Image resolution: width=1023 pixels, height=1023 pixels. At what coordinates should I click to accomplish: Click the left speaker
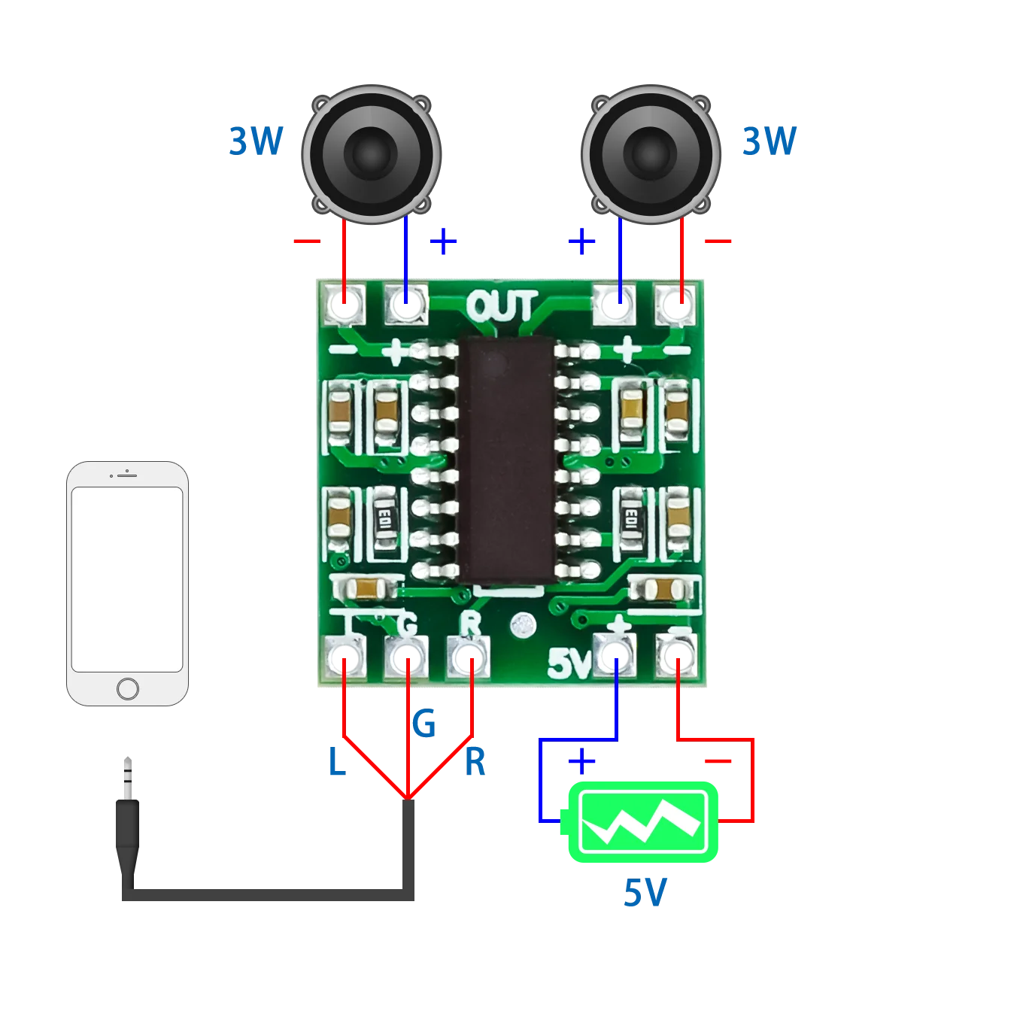point(371,154)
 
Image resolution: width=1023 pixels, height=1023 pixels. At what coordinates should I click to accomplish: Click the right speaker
point(651,154)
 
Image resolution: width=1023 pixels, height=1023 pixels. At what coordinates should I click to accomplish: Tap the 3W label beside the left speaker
point(256,141)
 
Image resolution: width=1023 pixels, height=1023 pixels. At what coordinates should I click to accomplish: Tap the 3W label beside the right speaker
point(769,141)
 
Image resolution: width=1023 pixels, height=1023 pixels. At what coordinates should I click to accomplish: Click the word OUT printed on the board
point(502,307)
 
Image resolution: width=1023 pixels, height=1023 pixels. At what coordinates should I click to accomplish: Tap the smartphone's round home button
point(128,688)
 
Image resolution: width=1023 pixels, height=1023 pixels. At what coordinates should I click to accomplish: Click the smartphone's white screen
point(127,579)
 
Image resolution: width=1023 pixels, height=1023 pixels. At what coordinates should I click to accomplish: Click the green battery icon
point(643,822)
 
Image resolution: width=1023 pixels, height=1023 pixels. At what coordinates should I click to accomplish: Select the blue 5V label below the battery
point(644,893)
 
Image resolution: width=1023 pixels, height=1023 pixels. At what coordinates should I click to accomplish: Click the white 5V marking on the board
point(568,663)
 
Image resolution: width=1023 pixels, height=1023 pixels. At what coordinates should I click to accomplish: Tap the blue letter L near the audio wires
point(335,761)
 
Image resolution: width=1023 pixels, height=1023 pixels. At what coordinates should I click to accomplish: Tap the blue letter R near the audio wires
point(475,761)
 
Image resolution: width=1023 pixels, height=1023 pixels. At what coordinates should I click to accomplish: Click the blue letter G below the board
point(423,724)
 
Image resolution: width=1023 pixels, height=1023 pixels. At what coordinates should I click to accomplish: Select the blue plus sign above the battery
point(581,761)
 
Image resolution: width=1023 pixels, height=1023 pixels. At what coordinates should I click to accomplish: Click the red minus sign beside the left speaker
point(307,241)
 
